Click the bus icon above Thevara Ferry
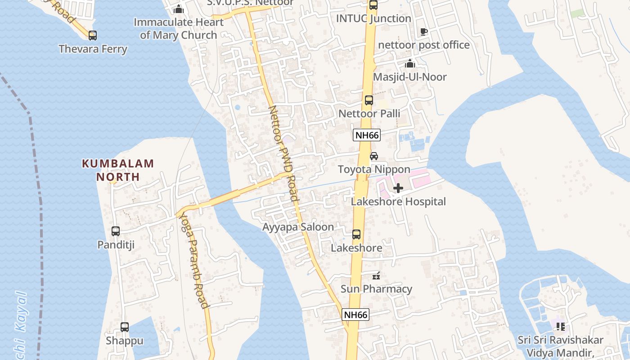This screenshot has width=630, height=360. point(93,35)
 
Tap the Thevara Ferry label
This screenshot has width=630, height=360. point(93,49)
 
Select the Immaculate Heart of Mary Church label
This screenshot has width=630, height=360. point(179,28)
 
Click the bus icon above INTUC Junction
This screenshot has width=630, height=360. point(373,5)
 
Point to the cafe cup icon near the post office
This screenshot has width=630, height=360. point(423,31)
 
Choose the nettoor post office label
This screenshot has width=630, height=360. point(424,45)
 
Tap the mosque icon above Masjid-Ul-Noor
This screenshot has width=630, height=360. point(409,64)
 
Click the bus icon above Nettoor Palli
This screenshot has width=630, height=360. point(369,100)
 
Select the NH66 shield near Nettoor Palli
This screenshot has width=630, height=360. point(367,135)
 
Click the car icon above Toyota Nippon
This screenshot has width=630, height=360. point(374,156)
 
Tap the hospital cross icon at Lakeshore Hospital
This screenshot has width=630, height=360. point(398,188)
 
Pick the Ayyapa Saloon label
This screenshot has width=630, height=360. point(298,227)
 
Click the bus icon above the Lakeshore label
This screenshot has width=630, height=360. point(356,234)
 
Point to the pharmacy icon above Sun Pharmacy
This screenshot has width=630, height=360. point(377,275)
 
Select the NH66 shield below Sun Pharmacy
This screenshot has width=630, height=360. point(355,315)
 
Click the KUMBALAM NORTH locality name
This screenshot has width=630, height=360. point(118,170)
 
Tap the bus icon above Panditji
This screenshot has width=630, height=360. point(116,231)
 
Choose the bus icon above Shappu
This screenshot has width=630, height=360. point(125,327)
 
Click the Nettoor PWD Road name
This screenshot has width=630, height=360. point(283,153)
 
